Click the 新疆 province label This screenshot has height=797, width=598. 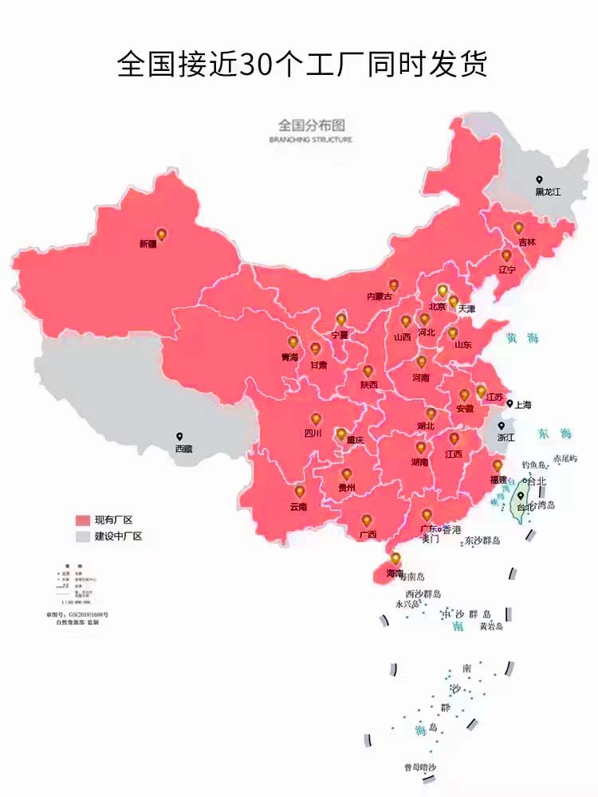coord(148,244)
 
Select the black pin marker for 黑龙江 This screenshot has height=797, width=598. coord(540,181)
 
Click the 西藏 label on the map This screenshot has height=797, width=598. coord(183,449)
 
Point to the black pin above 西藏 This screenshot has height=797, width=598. coord(180,437)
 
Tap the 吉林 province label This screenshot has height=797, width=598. coord(527,241)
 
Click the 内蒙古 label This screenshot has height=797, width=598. coord(380,296)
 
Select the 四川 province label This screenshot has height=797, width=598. coord(313,434)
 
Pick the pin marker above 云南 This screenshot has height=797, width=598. coord(300,492)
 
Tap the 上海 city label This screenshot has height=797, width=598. coord(523,404)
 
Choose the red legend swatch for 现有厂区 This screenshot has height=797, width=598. coord(84,519)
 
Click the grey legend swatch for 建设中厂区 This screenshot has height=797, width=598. coord(84,536)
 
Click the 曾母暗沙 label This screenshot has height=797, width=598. coord(420,767)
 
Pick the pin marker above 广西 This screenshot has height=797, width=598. coord(366,520)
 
